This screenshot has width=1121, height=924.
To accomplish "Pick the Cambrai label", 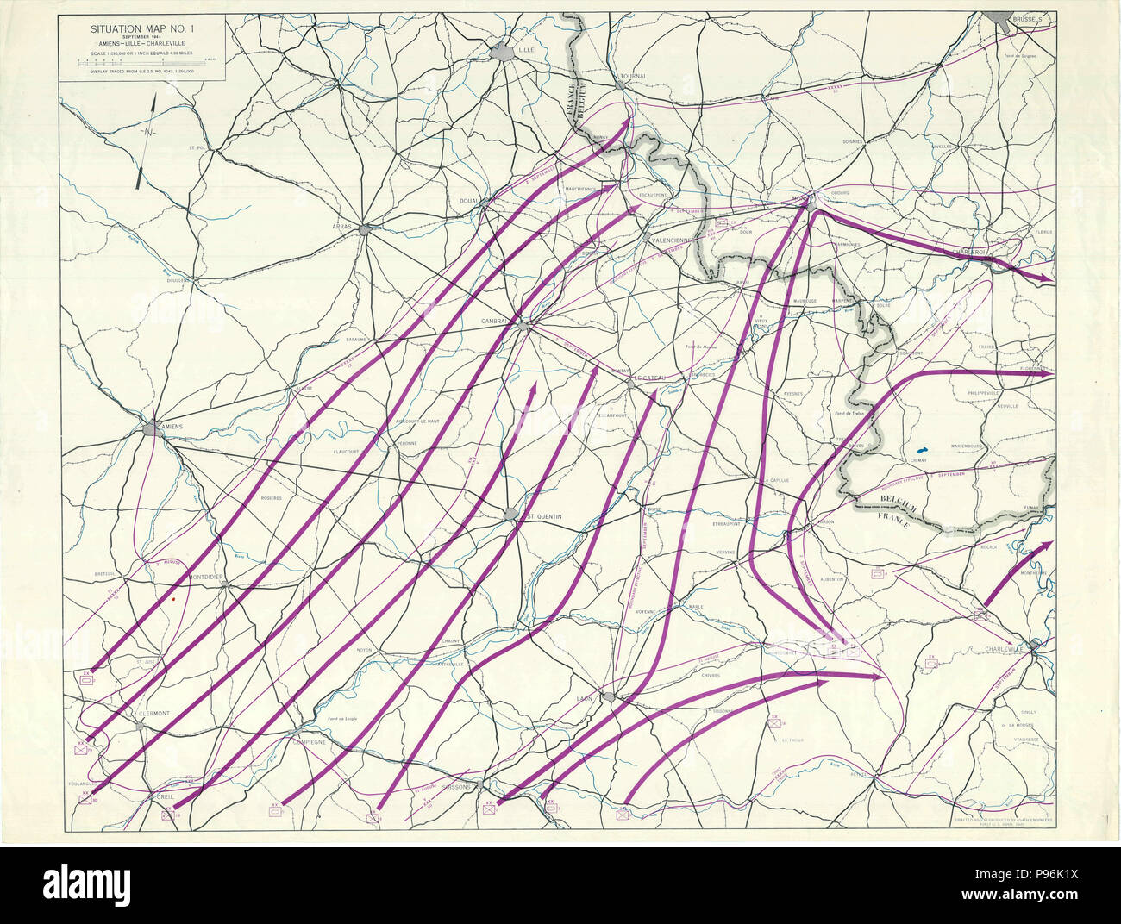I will click(498, 321).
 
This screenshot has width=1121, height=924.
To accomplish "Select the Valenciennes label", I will click(679, 240).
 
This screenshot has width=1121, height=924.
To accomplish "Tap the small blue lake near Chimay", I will click(922, 450).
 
